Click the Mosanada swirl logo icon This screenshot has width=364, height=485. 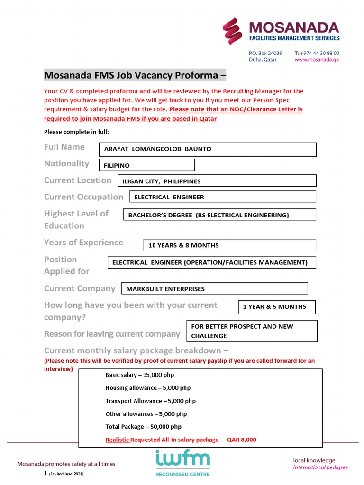point(233,31)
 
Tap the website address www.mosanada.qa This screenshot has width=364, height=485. point(317,60)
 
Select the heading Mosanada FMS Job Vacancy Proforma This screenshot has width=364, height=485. point(135,75)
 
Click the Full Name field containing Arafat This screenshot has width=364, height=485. point(207,149)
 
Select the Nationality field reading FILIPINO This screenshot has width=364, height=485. point(146,165)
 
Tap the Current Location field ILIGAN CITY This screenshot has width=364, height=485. point(217,181)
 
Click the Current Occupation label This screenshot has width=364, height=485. point(83,197)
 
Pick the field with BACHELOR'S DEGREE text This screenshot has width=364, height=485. point(219,215)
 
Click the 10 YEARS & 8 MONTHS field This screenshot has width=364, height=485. point(229,245)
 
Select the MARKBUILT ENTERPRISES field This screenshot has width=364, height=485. point(215,288)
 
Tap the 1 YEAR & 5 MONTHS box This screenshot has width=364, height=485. point(276,307)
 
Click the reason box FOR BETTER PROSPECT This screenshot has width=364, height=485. point(252,331)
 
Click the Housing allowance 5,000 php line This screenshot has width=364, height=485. point(148,388)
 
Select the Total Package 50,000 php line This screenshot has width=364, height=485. point(143,427)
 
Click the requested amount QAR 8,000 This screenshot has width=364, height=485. point(241,440)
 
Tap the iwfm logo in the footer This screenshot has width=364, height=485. point(182,462)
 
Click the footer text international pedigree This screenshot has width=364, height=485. point(320,467)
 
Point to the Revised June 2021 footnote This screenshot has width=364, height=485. point(67,474)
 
